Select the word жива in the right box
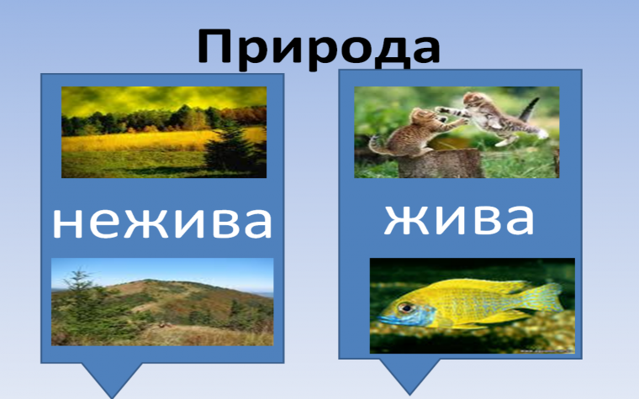(458, 218)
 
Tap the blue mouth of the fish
(383, 320)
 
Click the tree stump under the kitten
(439, 163)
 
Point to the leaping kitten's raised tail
(531, 108)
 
